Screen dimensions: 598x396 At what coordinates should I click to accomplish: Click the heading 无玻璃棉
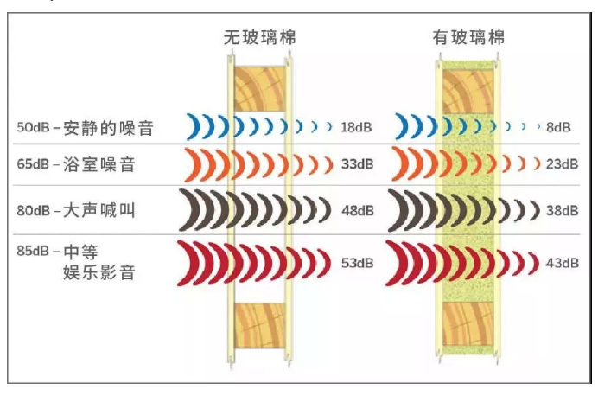pyautogui.click(x=260, y=37)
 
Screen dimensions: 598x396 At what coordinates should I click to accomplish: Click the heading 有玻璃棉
pyautogui.click(x=468, y=37)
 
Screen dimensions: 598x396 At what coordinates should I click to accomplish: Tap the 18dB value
pyautogui.click(x=356, y=127)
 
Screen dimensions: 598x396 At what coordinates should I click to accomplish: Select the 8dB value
pyautogui.click(x=558, y=127)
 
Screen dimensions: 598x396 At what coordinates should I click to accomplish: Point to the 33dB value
pyautogui.click(x=358, y=164)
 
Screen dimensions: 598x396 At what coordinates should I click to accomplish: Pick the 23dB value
pyautogui.click(x=563, y=164)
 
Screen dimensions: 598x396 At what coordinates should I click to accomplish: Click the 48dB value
pyautogui.click(x=358, y=210)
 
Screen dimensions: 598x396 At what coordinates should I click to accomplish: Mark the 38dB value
pyautogui.click(x=563, y=210)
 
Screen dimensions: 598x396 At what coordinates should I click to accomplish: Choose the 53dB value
pyautogui.click(x=358, y=263)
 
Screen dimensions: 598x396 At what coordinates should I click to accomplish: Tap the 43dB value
pyautogui.click(x=563, y=263)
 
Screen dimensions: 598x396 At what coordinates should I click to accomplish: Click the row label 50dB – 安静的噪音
pyautogui.click(x=85, y=127)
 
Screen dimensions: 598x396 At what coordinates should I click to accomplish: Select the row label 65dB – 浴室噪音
pyautogui.click(x=76, y=164)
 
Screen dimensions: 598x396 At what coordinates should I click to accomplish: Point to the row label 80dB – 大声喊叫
pyautogui.click(x=76, y=210)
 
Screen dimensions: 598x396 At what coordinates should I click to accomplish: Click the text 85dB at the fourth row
pyautogui.click(x=33, y=251)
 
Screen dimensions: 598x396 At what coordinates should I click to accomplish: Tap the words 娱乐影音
pyautogui.click(x=99, y=272)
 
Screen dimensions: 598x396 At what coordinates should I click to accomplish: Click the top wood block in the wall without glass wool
pyautogui.click(x=260, y=89)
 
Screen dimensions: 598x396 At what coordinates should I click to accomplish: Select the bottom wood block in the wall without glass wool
pyautogui.click(x=260, y=325)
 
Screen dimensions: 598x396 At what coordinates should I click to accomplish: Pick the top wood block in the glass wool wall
pyautogui.click(x=468, y=92)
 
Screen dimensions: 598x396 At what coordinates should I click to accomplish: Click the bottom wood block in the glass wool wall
pyautogui.click(x=468, y=323)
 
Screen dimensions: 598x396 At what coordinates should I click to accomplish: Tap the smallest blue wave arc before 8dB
pyautogui.click(x=539, y=126)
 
